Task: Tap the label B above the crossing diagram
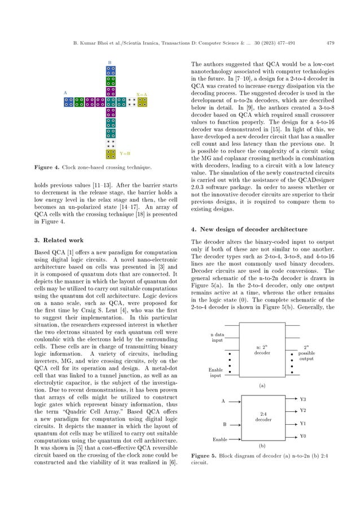click(109, 62)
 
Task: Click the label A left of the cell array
click(65, 92)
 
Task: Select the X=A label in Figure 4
click(142, 94)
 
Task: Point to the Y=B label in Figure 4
click(125, 153)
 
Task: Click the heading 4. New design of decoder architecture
click(248, 229)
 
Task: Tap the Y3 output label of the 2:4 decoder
click(303, 399)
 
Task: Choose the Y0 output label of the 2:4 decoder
click(303, 436)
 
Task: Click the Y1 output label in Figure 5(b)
click(303, 423)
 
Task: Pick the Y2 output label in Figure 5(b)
click(303, 411)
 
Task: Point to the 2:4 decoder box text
click(263, 417)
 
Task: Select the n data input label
click(217, 338)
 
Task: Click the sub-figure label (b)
click(261, 446)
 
